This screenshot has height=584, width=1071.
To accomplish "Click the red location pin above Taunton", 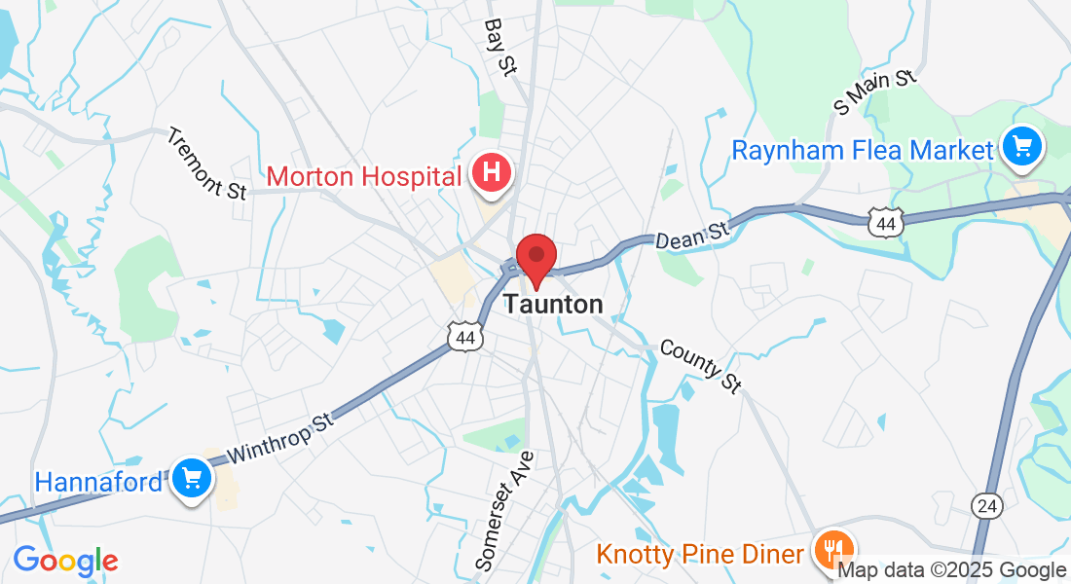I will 535,258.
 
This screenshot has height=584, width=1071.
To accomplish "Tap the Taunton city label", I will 553,305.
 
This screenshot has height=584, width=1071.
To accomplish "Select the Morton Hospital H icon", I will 492,173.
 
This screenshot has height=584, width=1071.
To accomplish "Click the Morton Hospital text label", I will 363,176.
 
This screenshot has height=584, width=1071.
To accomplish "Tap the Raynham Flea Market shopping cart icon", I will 1021,148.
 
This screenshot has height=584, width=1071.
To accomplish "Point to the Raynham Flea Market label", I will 863,150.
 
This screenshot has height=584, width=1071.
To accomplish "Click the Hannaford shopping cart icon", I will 192,479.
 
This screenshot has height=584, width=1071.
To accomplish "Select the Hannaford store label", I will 98,482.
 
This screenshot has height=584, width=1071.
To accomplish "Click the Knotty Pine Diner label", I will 700,554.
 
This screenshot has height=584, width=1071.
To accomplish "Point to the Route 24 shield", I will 985,504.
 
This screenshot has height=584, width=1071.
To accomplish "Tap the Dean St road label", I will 691,234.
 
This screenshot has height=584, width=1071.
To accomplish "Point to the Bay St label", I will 499,46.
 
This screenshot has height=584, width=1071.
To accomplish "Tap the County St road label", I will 701,365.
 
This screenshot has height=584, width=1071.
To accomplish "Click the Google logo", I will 65,561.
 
